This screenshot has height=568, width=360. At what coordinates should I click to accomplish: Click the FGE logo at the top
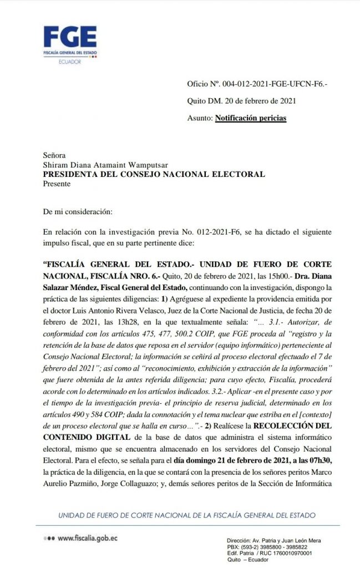(x=70, y=40)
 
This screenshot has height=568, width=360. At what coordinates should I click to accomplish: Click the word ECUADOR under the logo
(x=69, y=62)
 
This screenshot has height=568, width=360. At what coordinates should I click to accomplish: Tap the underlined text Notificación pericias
(x=251, y=118)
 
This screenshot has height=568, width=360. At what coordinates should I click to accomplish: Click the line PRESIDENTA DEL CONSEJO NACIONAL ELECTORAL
(x=154, y=174)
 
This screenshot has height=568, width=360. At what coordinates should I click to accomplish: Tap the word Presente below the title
(x=57, y=182)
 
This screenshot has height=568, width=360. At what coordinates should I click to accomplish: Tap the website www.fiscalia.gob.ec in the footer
(x=88, y=539)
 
